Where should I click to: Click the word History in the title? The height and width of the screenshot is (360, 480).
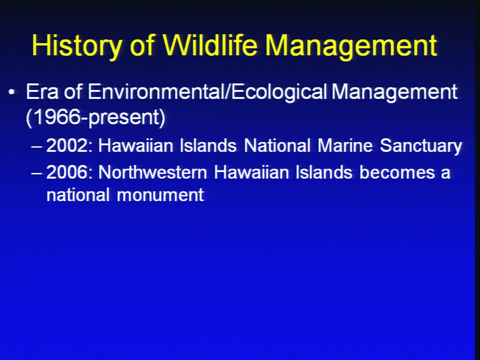pyautogui.click(x=76, y=46)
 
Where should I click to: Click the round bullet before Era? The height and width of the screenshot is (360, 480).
pyautogui.click(x=11, y=92)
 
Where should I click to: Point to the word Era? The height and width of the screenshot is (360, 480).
pyautogui.click(x=42, y=91)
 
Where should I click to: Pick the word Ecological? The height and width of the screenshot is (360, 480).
pyautogui.click(x=279, y=92)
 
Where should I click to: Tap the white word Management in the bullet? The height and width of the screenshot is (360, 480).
pyautogui.click(x=395, y=92)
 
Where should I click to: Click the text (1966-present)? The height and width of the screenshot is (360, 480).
pyautogui.click(x=96, y=117)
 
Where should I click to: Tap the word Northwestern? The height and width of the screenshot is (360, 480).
pyautogui.click(x=152, y=172)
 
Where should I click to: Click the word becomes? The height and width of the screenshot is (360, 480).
pyautogui.click(x=397, y=172)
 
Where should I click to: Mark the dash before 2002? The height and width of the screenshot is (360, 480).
pyautogui.click(x=36, y=146)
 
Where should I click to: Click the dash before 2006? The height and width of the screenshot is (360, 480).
pyautogui.click(x=36, y=173)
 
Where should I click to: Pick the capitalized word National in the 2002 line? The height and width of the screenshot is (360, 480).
pyautogui.click(x=277, y=145)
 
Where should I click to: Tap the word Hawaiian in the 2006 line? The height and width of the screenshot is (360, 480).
pyautogui.click(x=251, y=172)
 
